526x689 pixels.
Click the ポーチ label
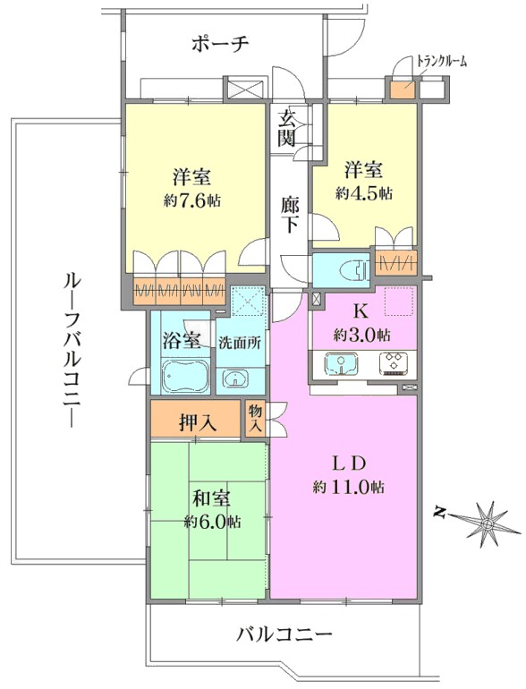[x=221, y=45]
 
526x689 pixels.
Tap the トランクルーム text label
[x=441, y=62]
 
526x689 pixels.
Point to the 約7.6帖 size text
[x=192, y=200]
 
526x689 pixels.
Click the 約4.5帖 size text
[x=364, y=192]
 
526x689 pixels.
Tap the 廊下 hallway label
[x=290, y=215]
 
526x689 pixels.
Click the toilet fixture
[x=356, y=269]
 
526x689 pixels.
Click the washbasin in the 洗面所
[x=236, y=379]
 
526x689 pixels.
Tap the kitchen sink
[x=341, y=364]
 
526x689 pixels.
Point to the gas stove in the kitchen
[x=394, y=364]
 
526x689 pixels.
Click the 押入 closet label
[x=198, y=422]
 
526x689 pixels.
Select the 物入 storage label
[x=255, y=419]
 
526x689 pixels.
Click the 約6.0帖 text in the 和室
[x=212, y=522]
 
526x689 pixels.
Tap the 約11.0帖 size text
[x=349, y=488]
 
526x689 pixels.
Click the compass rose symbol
[x=486, y=523]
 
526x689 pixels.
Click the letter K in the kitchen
[x=361, y=311]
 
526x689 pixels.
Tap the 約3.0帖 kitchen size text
[x=361, y=336]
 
